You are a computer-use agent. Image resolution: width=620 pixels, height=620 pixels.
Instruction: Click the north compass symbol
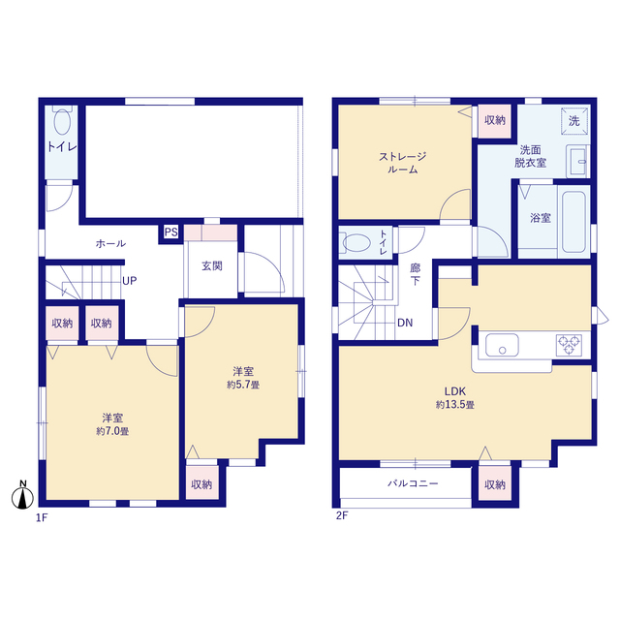[22, 495]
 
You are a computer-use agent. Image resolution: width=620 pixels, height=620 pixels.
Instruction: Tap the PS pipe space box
[170, 232]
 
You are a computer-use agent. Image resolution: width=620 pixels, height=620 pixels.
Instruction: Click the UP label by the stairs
[129, 281]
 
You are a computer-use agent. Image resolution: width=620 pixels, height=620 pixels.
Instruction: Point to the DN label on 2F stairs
[405, 323]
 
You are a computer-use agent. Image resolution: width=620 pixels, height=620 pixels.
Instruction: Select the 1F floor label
[42, 517]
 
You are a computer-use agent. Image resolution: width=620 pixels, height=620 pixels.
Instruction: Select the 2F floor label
[342, 516]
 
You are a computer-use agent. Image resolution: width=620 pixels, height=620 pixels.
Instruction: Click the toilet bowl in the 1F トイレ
[62, 120]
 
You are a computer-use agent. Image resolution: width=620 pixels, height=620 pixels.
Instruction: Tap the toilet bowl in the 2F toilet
[355, 243]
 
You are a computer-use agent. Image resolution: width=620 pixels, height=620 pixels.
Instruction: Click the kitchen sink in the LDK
[502, 345]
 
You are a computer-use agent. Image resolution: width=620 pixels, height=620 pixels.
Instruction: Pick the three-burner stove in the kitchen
[569, 345]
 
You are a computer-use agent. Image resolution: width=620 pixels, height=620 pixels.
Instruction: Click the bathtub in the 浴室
[573, 222]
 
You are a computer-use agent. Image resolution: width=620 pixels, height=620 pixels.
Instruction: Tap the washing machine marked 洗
[574, 120]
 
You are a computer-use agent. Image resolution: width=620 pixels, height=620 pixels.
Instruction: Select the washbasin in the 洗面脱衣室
[577, 162]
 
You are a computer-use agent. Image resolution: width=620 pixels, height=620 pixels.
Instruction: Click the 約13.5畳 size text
[455, 405]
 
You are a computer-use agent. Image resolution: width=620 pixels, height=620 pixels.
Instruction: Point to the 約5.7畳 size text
[243, 385]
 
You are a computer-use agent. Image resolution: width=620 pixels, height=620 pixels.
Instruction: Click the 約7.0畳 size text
[112, 431]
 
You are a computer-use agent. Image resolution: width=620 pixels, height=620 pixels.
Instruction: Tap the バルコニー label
[413, 483]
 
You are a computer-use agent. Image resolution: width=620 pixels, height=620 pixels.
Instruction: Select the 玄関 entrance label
[212, 266]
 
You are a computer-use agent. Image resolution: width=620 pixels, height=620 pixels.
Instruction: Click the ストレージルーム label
[403, 163]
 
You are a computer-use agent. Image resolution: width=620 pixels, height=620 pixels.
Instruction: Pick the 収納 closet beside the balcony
[495, 484]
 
